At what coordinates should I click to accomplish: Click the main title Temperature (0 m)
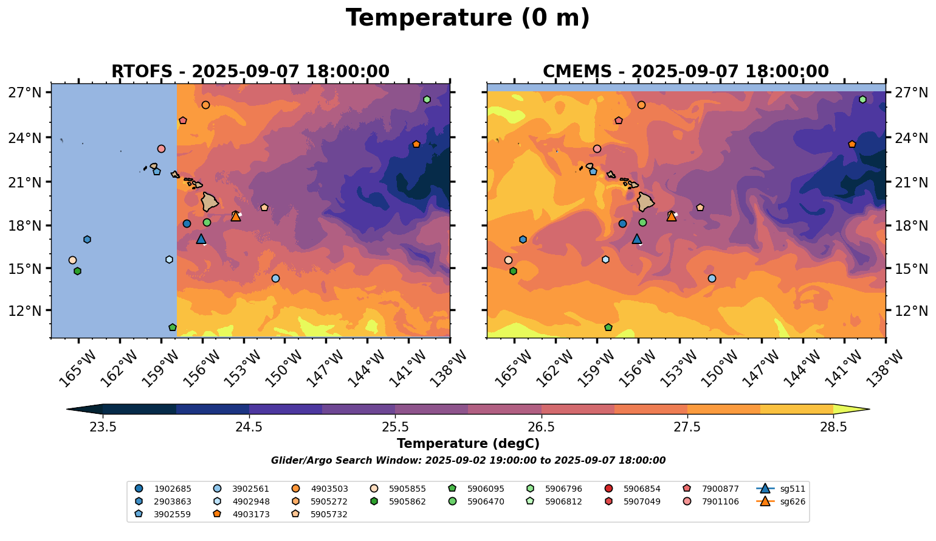467,18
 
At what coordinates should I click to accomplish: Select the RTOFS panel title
250,72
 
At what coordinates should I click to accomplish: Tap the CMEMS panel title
686,72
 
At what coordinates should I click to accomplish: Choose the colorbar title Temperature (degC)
467,444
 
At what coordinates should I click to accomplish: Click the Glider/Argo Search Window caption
467,461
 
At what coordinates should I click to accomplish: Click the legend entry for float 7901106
714,501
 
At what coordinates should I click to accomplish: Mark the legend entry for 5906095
485,489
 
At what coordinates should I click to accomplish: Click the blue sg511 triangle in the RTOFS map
201,239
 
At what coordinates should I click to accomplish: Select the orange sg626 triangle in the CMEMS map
672,216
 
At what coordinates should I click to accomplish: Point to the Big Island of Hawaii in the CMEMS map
645,201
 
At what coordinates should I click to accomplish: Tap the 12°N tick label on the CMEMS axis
910,311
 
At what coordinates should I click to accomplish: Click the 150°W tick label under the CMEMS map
713,368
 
